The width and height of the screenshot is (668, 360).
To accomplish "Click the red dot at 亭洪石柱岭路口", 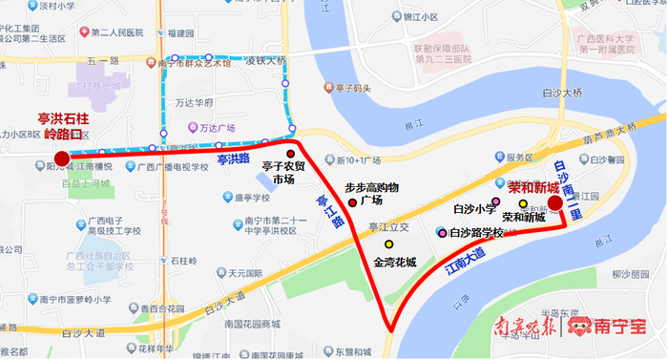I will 61,159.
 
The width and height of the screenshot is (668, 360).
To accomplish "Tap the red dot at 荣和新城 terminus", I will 554,202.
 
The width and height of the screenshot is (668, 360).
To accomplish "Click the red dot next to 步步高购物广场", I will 352,201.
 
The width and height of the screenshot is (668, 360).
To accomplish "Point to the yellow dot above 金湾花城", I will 388,246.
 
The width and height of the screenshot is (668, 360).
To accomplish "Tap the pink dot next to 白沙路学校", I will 441,231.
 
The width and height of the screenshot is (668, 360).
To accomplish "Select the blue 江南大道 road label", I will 465,262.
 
